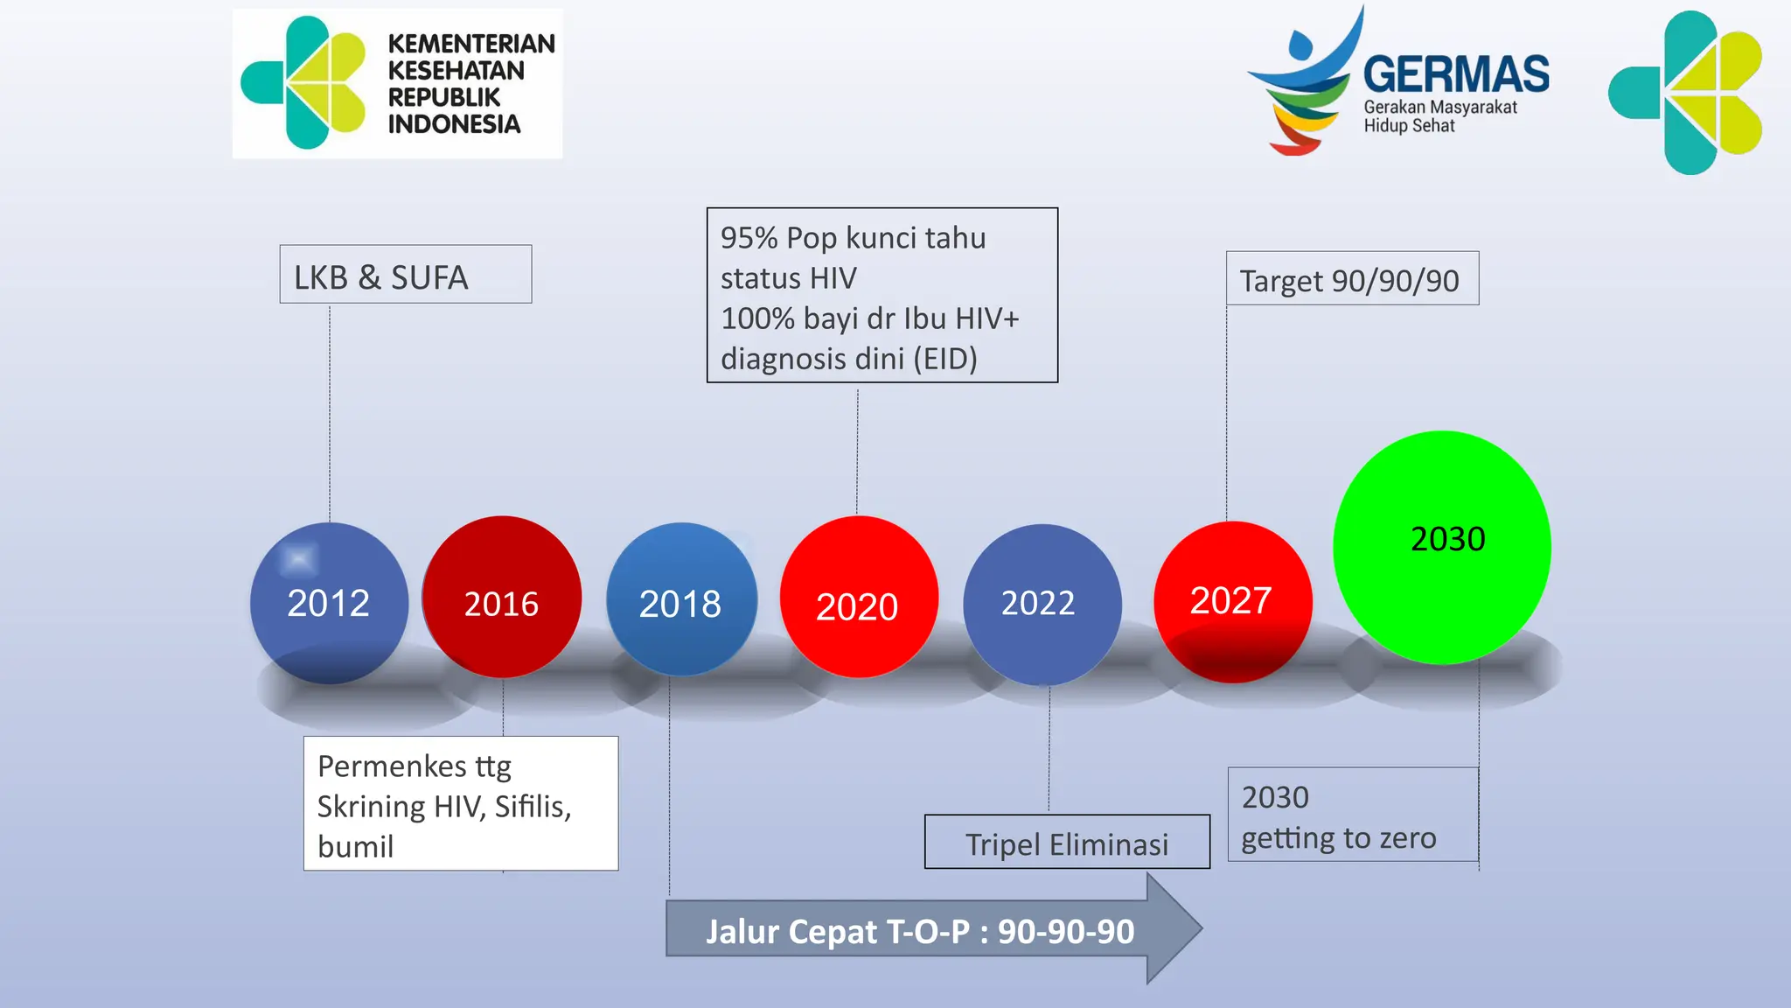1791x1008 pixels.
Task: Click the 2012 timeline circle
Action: click(x=329, y=603)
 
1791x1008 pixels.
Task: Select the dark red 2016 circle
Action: click(x=501, y=598)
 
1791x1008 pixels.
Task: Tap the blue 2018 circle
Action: click(x=680, y=600)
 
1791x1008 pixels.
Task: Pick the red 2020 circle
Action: click(x=858, y=598)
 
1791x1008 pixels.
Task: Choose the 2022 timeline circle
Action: click(x=1041, y=604)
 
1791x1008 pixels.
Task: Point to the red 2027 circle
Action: click(x=1232, y=601)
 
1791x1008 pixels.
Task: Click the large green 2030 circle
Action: click(x=1442, y=548)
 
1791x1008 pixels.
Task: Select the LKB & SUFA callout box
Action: click(x=405, y=275)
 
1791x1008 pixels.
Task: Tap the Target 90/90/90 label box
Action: click(x=1351, y=279)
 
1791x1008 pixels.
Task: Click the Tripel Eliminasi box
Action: click(x=1066, y=843)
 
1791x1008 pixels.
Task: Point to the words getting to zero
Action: click(x=1338, y=838)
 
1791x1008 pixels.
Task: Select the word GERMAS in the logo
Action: click(x=1456, y=74)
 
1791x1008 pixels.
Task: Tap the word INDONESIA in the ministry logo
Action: click(x=454, y=124)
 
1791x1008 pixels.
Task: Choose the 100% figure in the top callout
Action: click(x=757, y=318)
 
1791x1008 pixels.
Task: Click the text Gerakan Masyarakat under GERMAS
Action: click(x=1439, y=108)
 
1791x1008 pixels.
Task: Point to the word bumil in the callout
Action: click(x=355, y=847)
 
